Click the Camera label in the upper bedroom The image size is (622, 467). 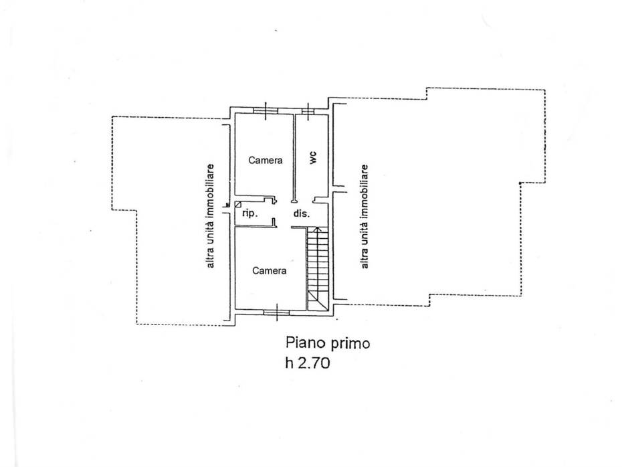tap(266, 161)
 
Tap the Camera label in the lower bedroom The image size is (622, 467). tap(270, 270)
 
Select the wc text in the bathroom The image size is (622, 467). tap(313, 158)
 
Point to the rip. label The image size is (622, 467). tap(250, 213)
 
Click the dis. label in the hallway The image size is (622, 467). tap(302, 213)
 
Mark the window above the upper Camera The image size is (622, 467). tap(266, 110)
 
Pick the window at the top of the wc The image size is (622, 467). tap(308, 110)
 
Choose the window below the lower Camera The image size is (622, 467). tap(277, 312)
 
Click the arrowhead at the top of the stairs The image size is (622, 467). tap(317, 229)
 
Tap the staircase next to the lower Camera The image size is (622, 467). tap(318, 268)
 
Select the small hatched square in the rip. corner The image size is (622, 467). tap(237, 204)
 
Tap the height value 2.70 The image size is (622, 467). tap(314, 363)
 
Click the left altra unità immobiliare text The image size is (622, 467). tap(210, 216)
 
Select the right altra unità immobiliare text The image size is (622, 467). tap(364, 217)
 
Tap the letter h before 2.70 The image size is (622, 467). tap(289, 363)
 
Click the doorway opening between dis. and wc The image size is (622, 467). tap(304, 199)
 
